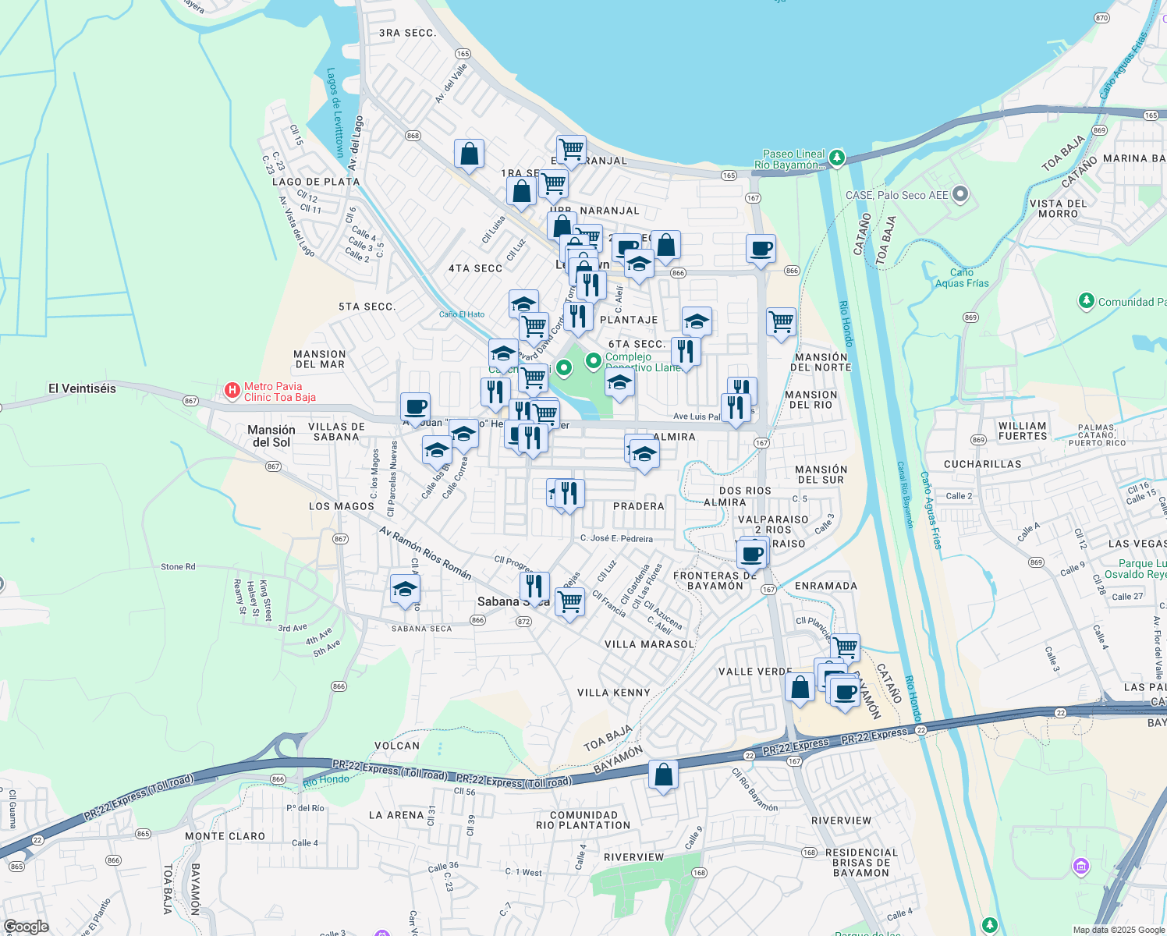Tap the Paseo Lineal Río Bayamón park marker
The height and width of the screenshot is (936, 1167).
(x=837, y=158)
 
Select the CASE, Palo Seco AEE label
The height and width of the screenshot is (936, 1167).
(x=896, y=195)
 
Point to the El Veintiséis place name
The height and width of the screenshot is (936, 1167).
(x=82, y=388)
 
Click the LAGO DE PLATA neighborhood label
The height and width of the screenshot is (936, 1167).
(x=316, y=182)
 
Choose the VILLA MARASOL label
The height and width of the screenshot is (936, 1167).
(x=649, y=644)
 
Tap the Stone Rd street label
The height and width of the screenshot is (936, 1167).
(x=178, y=567)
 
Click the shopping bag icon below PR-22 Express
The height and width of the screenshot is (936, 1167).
(x=663, y=775)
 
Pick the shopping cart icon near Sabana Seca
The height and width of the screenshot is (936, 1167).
(x=569, y=601)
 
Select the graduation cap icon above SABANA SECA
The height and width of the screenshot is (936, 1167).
(x=405, y=590)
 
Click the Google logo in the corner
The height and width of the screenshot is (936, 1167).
(x=26, y=926)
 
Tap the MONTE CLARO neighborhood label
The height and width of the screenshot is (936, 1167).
(x=225, y=836)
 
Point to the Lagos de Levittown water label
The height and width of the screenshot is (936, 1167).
(x=335, y=112)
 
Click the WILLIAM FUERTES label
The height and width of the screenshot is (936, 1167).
(x=1023, y=431)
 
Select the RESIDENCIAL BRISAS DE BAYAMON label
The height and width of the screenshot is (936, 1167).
(x=861, y=863)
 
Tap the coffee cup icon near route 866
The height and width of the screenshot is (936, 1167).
(x=761, y=249)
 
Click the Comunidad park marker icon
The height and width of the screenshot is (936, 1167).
(x=1086, y=301)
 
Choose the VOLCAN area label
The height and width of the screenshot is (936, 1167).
(x=397, y=746)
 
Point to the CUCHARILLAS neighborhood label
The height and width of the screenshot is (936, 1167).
(x=982, y=464)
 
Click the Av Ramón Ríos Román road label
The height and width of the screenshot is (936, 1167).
(x=425, y=553)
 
